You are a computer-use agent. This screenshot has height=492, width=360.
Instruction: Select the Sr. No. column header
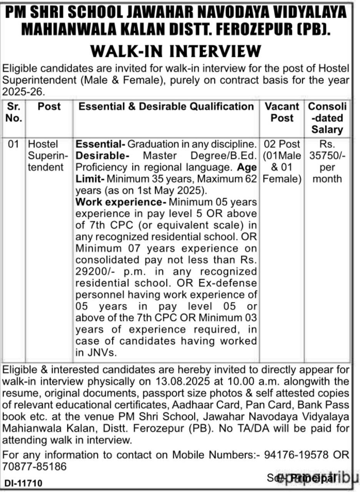click(x=13, y=112)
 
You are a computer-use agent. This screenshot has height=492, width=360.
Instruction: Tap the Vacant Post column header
click(x=282, y=112)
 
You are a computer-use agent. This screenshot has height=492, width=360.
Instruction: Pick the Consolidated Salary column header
click(x=327, y=118)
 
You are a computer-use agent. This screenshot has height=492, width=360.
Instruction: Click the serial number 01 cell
click(x=13, y=145)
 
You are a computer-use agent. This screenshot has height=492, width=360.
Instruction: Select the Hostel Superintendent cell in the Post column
click(x=46, y=156)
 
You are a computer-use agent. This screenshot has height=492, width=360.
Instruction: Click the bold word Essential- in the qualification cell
click(x=100, y=145)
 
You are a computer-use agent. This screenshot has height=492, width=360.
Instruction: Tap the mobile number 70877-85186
click(x=35, y=467)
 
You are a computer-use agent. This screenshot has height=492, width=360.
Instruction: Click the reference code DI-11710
click(x=24, y=483)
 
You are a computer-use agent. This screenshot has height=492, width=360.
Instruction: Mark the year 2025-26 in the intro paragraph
click(x=23, y=92)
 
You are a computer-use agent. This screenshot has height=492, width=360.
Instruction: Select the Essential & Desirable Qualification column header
click(x=166, y=106)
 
